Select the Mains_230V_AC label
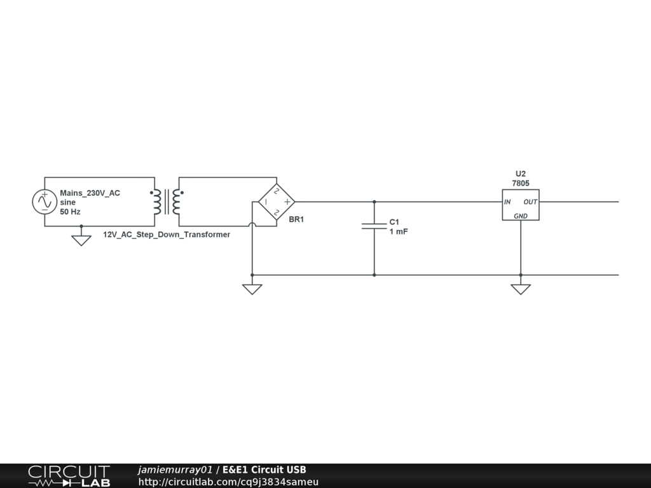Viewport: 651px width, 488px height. tap(90, 193)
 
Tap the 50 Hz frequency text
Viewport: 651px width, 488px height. tap(70, 212)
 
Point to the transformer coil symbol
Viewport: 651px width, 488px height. tap(166, 201)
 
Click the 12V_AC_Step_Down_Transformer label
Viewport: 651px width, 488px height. tap(167, 234)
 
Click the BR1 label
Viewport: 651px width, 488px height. tap(296, 219)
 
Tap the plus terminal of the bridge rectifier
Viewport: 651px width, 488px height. tap(287, 202)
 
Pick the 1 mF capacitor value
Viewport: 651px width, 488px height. tap(399, 232)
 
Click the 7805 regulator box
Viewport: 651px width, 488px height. tap(520, 205)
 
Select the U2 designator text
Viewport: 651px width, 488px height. tap(521, 173)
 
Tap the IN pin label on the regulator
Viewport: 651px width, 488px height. tap(507, 202)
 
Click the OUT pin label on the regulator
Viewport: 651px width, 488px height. tap(530, 202)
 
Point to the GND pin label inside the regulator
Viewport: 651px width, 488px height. tap(521, 216)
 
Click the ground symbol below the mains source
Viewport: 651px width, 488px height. tap(81, 240)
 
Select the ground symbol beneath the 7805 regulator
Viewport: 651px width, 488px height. tap(521, 289)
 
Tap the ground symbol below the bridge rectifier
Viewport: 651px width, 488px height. tap(252, 289)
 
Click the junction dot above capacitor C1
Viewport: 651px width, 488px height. tap(374, 202)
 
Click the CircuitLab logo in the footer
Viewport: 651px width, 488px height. tap(69, 476)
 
